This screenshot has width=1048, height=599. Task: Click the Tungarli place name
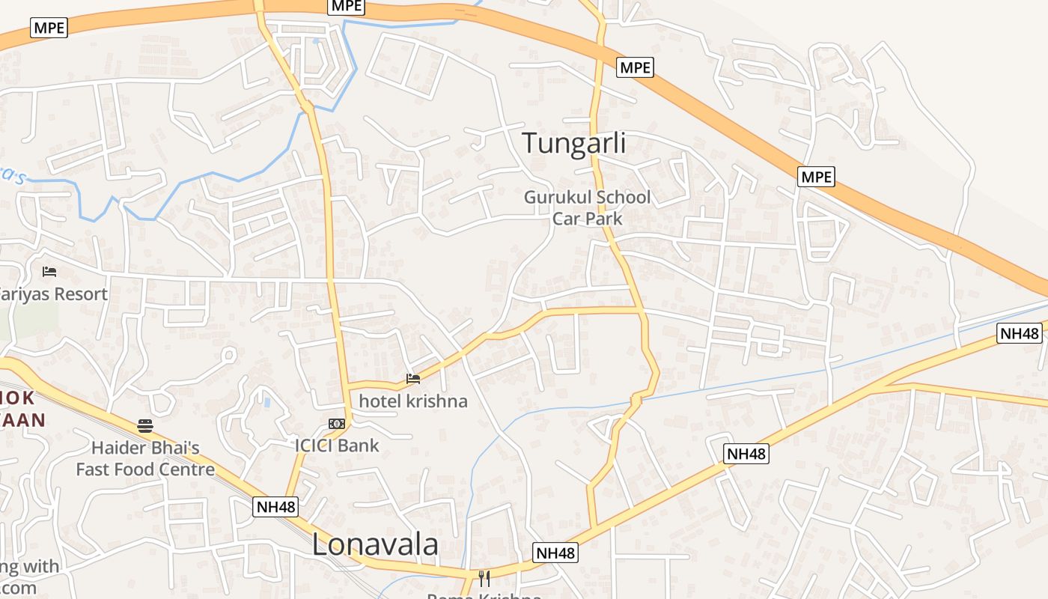[573, 142]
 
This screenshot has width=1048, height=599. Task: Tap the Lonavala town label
[375, 544]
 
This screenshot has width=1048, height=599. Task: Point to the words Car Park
[587, 219]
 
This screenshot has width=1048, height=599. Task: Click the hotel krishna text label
[413, 401]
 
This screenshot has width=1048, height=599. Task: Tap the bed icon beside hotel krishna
[412, 378]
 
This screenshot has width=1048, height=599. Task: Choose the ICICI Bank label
[337, 446]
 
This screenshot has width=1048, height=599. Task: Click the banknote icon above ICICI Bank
[337, 425]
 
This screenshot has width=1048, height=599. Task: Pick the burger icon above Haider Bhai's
[145, 426]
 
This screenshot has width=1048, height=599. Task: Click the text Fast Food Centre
[145, 470]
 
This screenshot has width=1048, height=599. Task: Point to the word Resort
[74, 294]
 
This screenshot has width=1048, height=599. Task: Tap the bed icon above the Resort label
[49, 271]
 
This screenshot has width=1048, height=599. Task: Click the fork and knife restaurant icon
[484, 577]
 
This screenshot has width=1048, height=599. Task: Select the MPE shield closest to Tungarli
[635, 67]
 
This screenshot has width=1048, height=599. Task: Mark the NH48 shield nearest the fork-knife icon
[555, 553]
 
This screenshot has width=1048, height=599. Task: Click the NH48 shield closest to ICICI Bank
[276, 507]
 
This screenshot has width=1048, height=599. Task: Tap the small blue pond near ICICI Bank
[267, 402]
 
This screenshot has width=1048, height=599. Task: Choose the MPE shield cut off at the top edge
[346, 5]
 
